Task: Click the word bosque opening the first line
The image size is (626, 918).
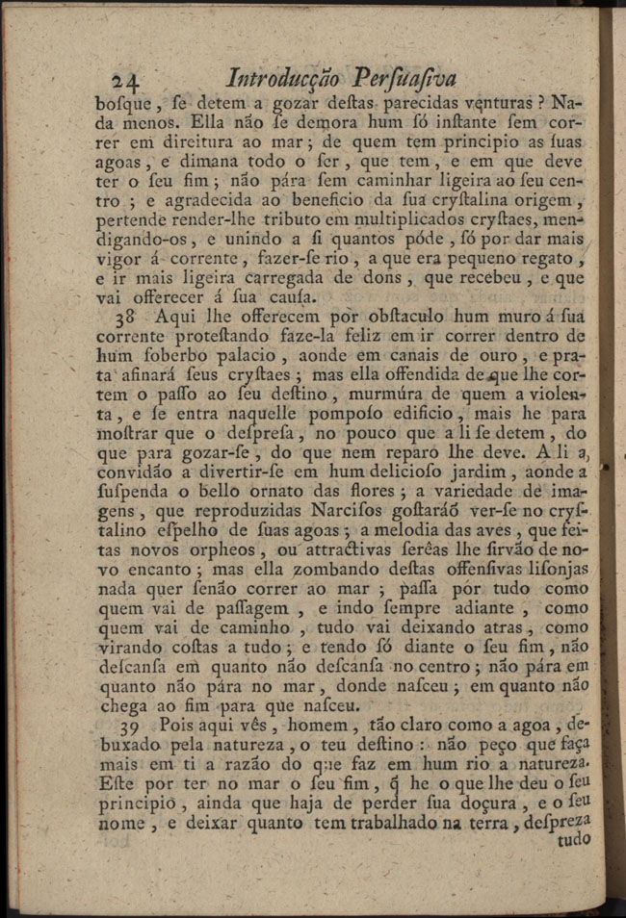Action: pyautogui.click(x=121, y=103)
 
